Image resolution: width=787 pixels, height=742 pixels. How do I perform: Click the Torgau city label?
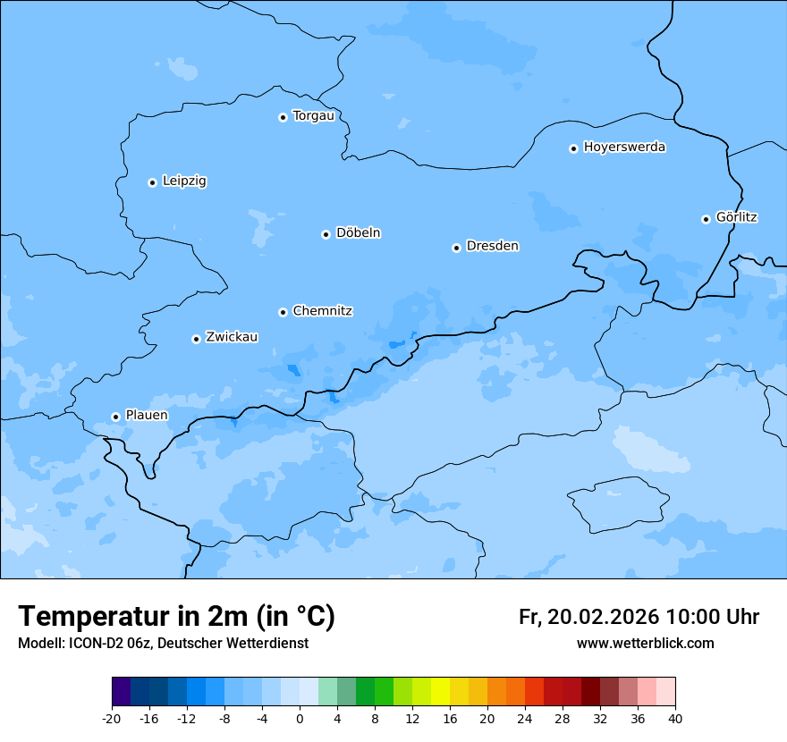point(313,116)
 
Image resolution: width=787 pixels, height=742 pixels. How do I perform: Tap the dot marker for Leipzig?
point(152,182)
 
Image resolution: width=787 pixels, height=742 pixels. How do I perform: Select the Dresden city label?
point(492,246)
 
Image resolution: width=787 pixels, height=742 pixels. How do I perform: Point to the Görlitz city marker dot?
point(706,219)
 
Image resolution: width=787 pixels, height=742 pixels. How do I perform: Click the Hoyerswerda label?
point(624,148)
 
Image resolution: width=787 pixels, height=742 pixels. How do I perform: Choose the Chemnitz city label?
point(322,311)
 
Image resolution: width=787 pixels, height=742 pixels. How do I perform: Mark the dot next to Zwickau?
point(196,339)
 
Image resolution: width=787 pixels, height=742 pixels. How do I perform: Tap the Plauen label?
point(146,416)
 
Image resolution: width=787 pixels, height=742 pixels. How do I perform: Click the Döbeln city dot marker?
point(326,234)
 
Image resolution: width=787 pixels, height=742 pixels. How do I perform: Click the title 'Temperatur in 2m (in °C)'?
point(176,617)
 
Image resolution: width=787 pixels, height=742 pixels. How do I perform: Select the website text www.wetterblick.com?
point(645,644)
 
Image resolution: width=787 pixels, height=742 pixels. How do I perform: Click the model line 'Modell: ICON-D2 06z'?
point(85,644)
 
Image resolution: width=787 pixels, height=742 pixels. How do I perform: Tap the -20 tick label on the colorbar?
point(112,718)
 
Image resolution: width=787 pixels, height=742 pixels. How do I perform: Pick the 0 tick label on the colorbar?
point(300,718)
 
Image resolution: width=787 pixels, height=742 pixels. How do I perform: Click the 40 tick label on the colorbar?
point(675,718)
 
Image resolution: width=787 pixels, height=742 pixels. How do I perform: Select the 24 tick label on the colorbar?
point(525,718)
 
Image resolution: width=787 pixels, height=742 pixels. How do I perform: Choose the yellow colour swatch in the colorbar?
point(440,692)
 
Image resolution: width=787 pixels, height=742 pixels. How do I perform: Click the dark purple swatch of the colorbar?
point(121,692)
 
